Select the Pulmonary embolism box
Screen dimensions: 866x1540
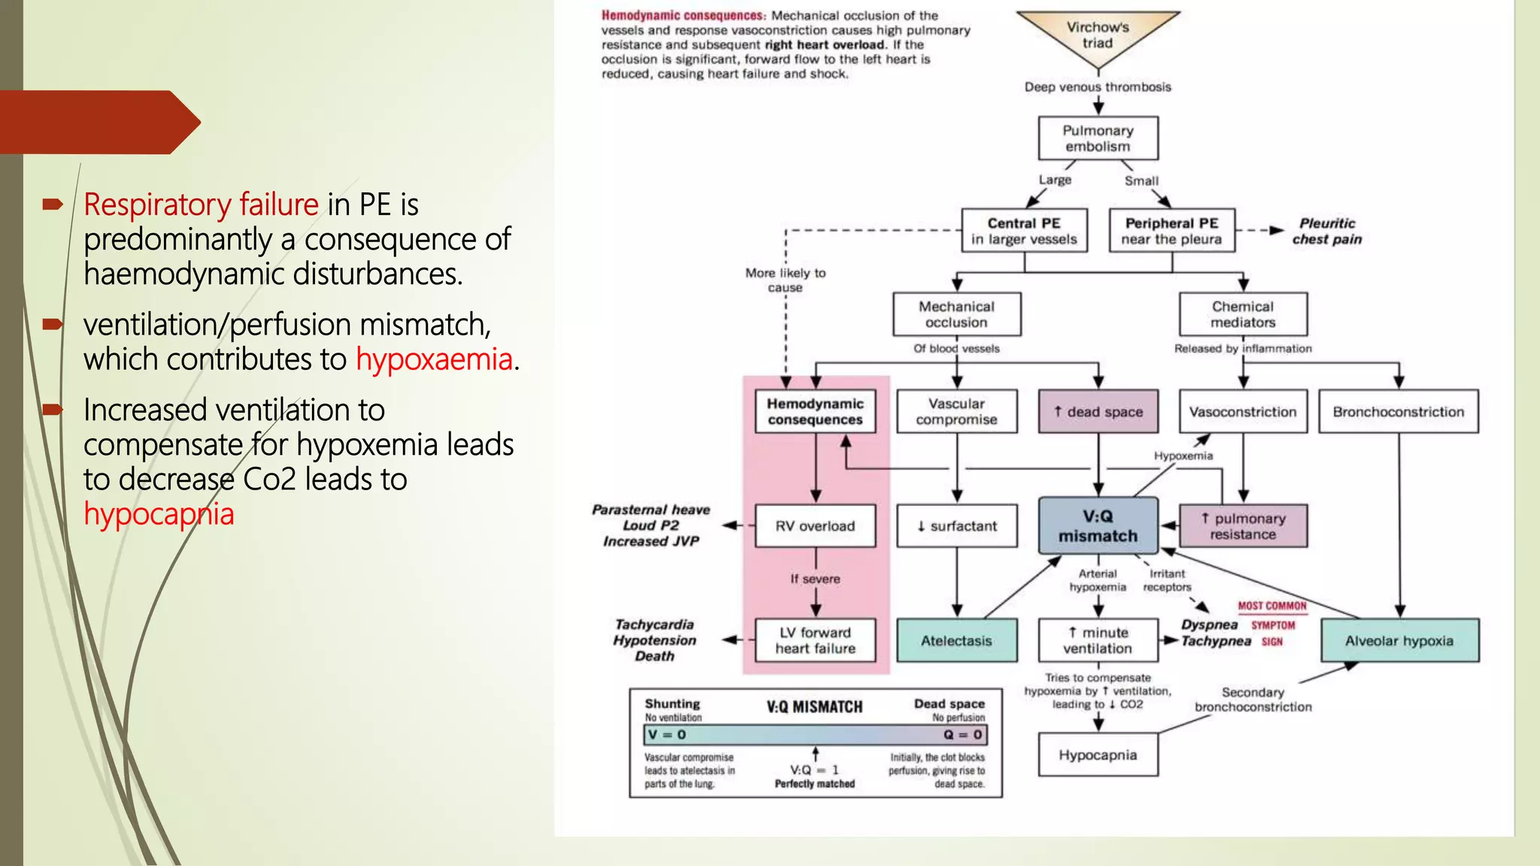point(1098,138)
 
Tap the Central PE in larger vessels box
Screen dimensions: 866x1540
point(1024,231)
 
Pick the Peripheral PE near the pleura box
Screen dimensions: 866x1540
point(1172,231)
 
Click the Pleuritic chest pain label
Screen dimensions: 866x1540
point(1327,231)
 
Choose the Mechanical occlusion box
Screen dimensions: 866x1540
point(956,314)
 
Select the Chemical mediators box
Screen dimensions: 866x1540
point(1243,314)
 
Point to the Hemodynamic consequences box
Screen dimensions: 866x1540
point(815,411)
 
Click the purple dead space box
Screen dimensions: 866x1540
point(1098,411)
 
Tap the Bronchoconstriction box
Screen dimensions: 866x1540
point(1399,411)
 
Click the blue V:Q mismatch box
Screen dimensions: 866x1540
point(1098,525)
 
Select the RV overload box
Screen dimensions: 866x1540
point(815,525)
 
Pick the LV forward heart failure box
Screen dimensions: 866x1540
point(815,640)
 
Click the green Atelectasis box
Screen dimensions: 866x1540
point(956,640)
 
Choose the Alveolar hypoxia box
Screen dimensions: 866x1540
point(1399,640)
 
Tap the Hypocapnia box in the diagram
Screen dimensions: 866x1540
point(1098,755)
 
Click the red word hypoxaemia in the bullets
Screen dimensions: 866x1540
point(434,359)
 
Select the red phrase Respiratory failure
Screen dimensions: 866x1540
point(201,204)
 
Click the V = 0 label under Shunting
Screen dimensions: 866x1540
point(667,734)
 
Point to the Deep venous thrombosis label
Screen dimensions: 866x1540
point(1098,87)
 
